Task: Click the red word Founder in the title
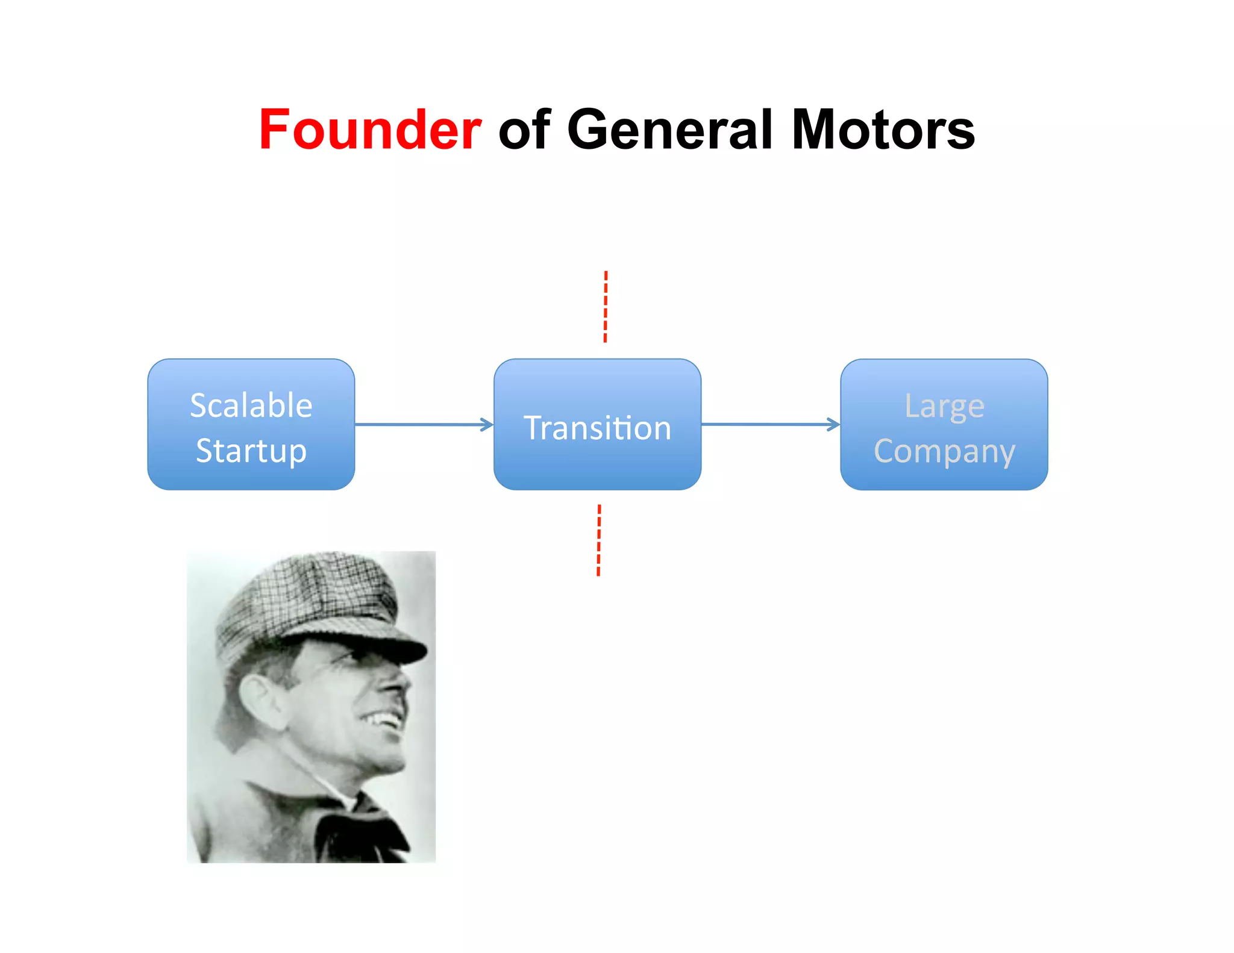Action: click(x=370, y=130)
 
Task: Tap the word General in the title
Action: click(x=669, y=130)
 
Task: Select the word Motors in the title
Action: click(x=883, y=130)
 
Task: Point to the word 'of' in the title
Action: click(x=524, y=130)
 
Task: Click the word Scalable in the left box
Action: click(x=251, y=405)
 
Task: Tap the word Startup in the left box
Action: click(x=251, y=451)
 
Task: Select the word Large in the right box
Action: click(x=944, y=406)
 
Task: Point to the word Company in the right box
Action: click(x=944, y=451)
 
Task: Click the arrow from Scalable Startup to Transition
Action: click(x=424, y=425)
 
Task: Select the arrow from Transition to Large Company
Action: click(x=770, y=425)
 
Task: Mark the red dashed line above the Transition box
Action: click(x=606, y=307)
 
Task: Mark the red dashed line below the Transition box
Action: click(x=599, y=540)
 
